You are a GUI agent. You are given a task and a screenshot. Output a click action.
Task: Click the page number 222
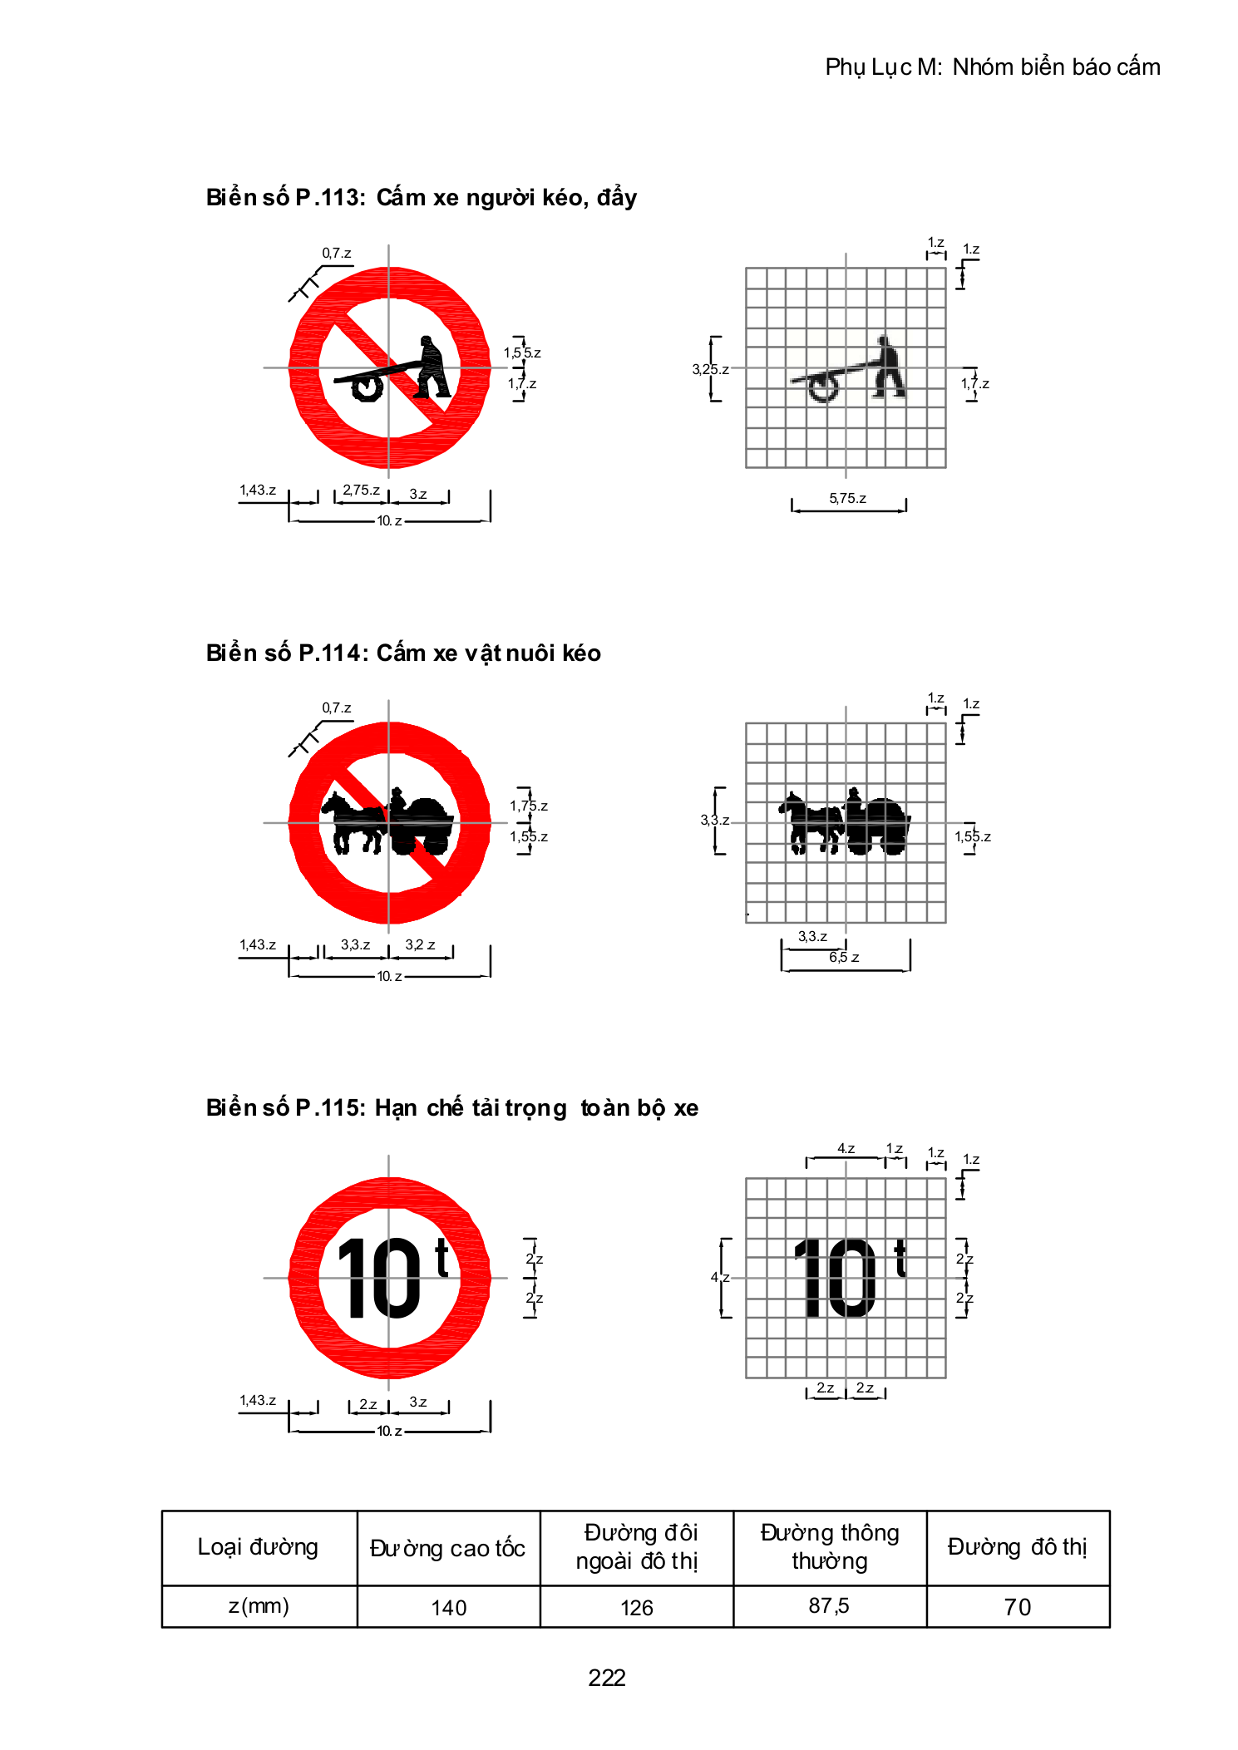click(x=606, y=1677)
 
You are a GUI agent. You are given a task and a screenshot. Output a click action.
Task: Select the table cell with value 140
click(x=448, y=1606)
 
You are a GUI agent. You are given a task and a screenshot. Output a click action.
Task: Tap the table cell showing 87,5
click(x=829, y=1606)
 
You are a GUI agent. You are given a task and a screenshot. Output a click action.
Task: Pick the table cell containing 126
click(x=637, y=1606)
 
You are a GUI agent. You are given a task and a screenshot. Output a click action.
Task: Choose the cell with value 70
click(x=1018, y=1606)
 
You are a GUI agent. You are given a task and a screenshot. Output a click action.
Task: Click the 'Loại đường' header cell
click(x=259, y=1548)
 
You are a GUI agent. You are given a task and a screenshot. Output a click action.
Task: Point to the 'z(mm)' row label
click(x=259, y=1606)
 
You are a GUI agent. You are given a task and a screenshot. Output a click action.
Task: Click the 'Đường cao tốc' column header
click(x=448, y=1548)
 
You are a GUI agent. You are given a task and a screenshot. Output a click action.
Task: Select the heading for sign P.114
click(x=403, y=653)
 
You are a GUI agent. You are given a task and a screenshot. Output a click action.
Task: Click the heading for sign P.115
click(x=452, y=1107)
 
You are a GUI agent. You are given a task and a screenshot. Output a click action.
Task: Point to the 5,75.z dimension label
click(x=847, y=498)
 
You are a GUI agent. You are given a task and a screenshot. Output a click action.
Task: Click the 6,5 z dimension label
click(x=844, y=957)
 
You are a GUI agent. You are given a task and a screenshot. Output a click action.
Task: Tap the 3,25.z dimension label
click(x=710, y=369)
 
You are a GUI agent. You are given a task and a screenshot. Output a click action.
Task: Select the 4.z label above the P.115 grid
click(x=846, y=1148)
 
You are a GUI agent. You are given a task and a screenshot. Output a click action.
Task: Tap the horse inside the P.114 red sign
click(x=354, y=823)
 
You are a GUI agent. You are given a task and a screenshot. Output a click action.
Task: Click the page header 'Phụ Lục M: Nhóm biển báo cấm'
click(x=993, y=67)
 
